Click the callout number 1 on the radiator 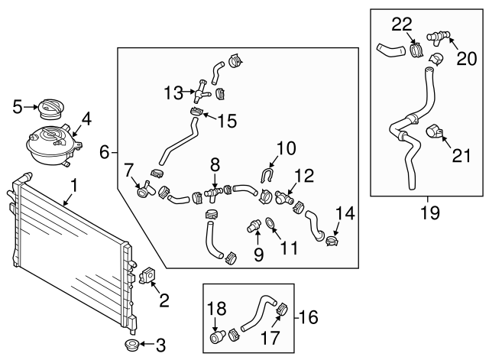74,185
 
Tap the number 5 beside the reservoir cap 18,107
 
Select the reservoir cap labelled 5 53,109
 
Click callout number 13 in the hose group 173,93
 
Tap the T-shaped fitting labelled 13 201,93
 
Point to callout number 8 215,164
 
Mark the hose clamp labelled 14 331,242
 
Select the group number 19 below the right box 430,212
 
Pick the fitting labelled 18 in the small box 218,337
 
